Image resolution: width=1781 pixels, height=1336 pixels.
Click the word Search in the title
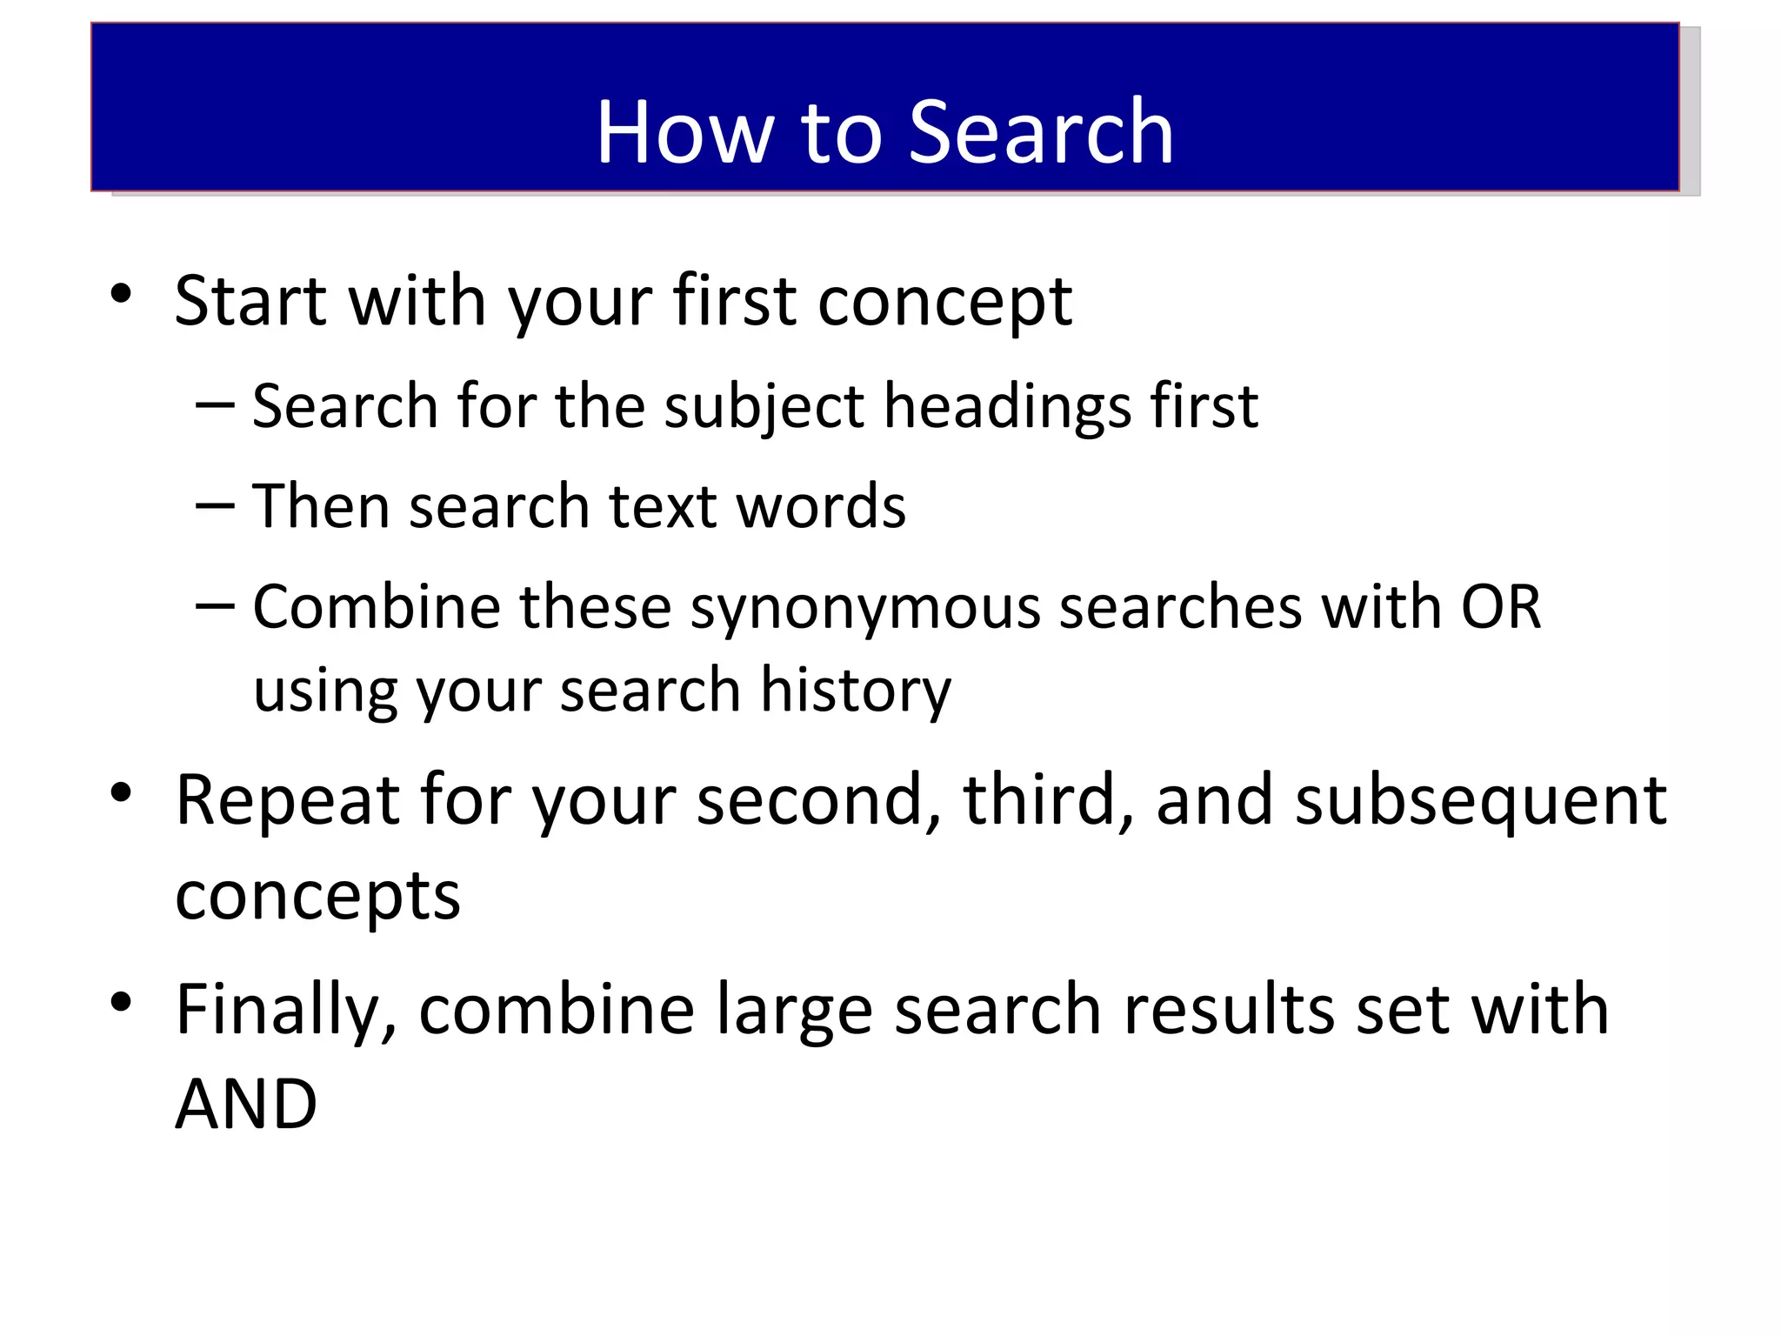(1041, 132)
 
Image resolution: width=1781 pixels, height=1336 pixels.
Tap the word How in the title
(684, 132)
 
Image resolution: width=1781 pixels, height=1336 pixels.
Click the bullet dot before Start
(122, 293)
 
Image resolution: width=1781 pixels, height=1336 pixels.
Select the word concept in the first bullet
(944, 303)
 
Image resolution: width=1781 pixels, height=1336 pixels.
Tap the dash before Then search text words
(215, 504)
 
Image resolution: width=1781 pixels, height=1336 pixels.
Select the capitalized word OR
(1500, 606)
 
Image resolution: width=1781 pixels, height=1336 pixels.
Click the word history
(856, 690)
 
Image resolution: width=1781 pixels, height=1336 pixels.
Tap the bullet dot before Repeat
(122, 792)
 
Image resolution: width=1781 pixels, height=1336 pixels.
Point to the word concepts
(317, 896)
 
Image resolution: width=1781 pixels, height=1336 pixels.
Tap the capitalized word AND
(246, 1105)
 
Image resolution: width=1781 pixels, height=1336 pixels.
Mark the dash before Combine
(215, 605)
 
